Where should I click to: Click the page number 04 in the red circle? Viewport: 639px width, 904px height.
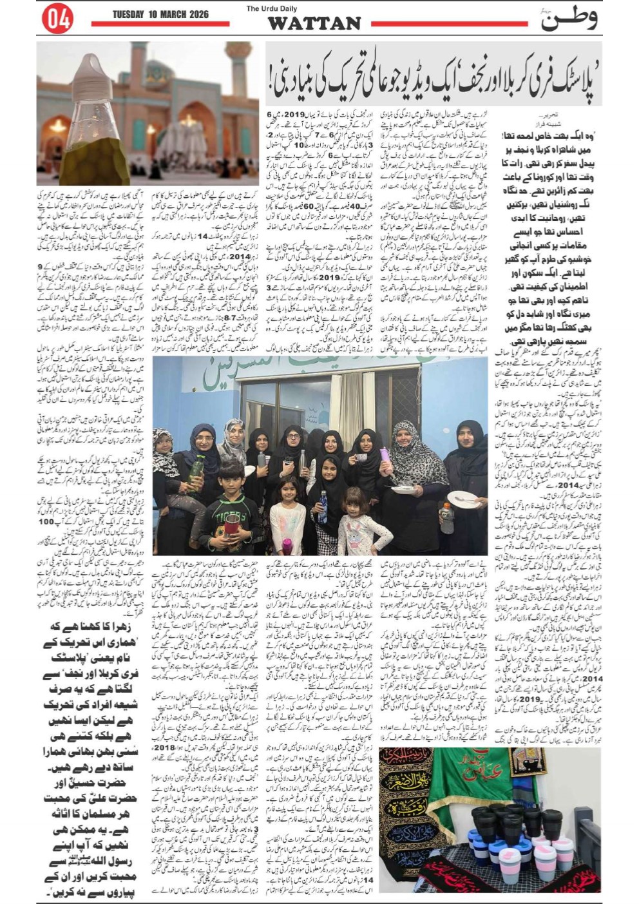point(57,19)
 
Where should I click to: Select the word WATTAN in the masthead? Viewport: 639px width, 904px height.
point(314,24)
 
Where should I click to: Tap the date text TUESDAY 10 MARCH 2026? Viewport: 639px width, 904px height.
point(160,14)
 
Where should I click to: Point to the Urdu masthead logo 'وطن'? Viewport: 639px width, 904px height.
point(567,19)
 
